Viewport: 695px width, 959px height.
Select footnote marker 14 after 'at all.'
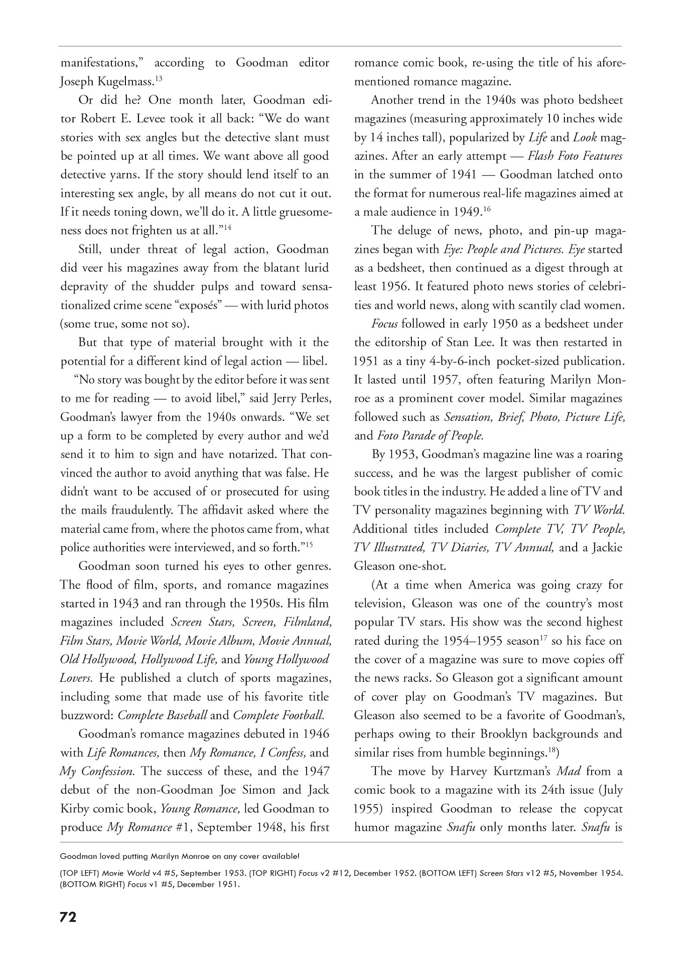[x=227, y=227]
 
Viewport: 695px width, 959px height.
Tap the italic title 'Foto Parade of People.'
[x=430, y=435]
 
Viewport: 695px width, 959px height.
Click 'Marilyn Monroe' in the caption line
[x=186, y=856]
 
